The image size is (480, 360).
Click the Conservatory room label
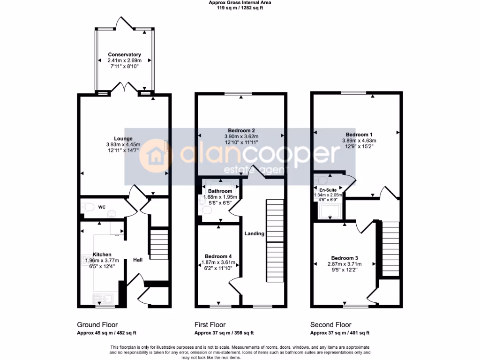pos(124,55)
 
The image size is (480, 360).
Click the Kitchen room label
pos(102,255)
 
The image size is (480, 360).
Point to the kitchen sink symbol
pos(104,298)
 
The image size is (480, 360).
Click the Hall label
pos(138,260)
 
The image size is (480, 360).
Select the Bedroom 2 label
pos(241,130)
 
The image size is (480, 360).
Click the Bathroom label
pos(220,191)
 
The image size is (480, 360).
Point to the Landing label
pos(254,233)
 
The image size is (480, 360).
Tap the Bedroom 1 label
pos(359,134)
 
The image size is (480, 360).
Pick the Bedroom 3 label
pos(345,258)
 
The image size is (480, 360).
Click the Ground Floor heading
pos(97,324)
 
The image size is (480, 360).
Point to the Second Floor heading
pos(330,324)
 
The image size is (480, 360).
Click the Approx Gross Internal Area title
pos(240,3)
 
